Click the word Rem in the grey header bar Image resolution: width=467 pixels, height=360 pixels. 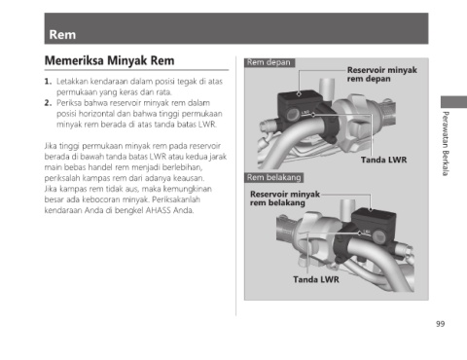click(62, 35)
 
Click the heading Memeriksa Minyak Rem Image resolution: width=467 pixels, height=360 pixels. click(109, 60)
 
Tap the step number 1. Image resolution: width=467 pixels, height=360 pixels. click(48, 81)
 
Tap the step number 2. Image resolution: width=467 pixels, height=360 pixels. click(48, 103)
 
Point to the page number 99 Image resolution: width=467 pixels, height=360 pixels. click(440, 324)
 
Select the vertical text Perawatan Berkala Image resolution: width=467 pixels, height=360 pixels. click(446, 144)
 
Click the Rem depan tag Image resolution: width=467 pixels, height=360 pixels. click(269, 62)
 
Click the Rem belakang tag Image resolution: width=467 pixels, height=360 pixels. click(274, 177)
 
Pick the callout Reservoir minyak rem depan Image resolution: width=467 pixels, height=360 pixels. click(381, 74)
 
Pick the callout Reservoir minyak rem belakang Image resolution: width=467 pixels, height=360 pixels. click(285, 198)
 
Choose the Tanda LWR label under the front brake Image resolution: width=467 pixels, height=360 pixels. click(383, 160)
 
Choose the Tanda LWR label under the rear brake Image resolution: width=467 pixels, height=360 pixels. click(316, 279)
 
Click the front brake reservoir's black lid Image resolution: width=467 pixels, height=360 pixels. click(299, 94)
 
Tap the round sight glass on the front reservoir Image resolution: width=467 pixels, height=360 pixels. click(293, 114)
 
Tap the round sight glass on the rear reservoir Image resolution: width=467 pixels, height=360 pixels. click(378, 235)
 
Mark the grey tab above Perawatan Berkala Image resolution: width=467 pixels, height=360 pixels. click(453, 102)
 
